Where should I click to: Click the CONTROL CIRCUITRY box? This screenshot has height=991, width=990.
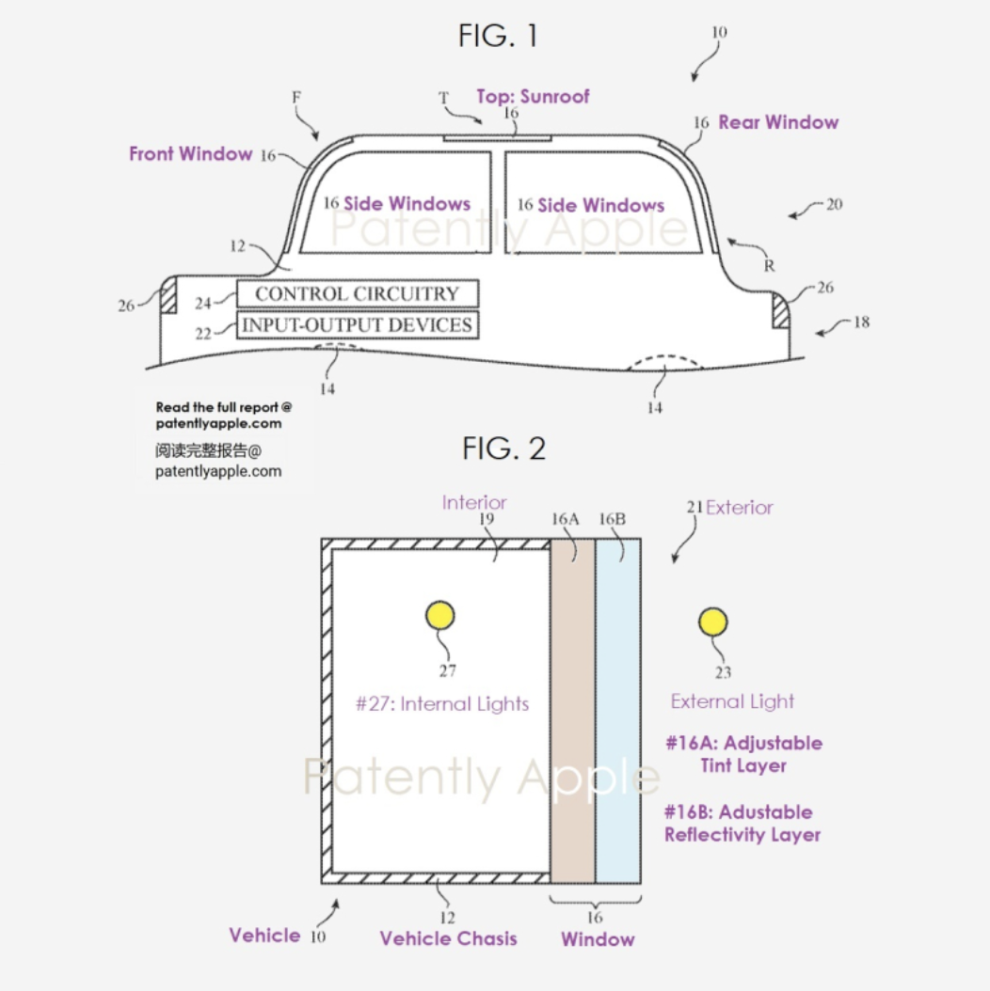click(x=358, y=294)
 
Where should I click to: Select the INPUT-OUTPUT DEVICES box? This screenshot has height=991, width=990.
click(x=358, y=325)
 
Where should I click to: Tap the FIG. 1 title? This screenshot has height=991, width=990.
click(x=499, y=36)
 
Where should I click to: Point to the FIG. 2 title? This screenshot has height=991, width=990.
click(x=503, y=448)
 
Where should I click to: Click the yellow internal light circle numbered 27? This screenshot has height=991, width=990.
click(x=439, y=616)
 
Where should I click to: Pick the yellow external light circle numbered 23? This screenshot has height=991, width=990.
click(x=713, y=621)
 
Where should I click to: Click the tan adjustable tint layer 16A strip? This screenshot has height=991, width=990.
click(x=572, y=711)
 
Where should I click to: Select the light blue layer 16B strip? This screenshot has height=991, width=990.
click(x=618, y=711)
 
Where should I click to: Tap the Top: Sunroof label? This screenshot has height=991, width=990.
click(x=533, y=97)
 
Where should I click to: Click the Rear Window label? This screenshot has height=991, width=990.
click(x=778, y=122)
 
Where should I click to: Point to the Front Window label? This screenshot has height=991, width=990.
click(x=190, y=153)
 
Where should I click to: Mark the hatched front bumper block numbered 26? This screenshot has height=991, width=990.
click(x=168, y=295)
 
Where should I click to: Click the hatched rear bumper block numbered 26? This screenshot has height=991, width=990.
click(x=781, y=309)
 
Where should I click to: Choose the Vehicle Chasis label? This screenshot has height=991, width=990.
click(x=448, y=938)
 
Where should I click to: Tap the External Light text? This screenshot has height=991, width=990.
click(x=732, y=701)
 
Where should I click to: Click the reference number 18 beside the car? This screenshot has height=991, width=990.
click(x=862, y=322)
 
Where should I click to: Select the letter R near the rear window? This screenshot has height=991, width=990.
click(x=769, y=265)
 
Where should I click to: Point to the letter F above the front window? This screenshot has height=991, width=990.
click(x=296, y=98)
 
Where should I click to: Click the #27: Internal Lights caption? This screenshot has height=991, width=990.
click(x=442, y=703)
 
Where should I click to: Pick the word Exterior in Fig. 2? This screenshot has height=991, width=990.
click(x=740, y=508)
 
